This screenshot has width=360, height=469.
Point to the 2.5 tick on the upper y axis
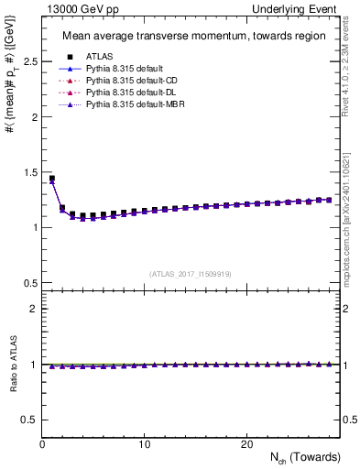pos(28,61)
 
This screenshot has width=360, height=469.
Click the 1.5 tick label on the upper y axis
pos(28,172)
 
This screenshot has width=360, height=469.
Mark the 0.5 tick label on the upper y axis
pos(28,282)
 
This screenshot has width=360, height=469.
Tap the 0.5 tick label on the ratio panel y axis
pos(28,420)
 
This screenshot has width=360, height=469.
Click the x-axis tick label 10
pos(145,444)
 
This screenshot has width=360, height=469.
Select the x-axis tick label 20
pos(246,444)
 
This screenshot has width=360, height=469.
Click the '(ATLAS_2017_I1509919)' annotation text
pos(191,274)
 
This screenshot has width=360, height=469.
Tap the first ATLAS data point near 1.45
pos(52,179)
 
